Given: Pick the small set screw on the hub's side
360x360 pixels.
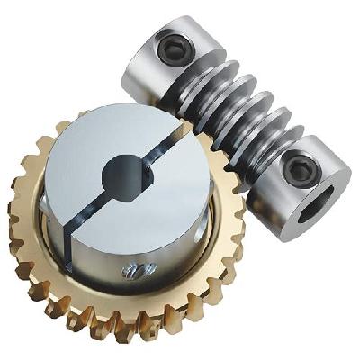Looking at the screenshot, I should [137, 270].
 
